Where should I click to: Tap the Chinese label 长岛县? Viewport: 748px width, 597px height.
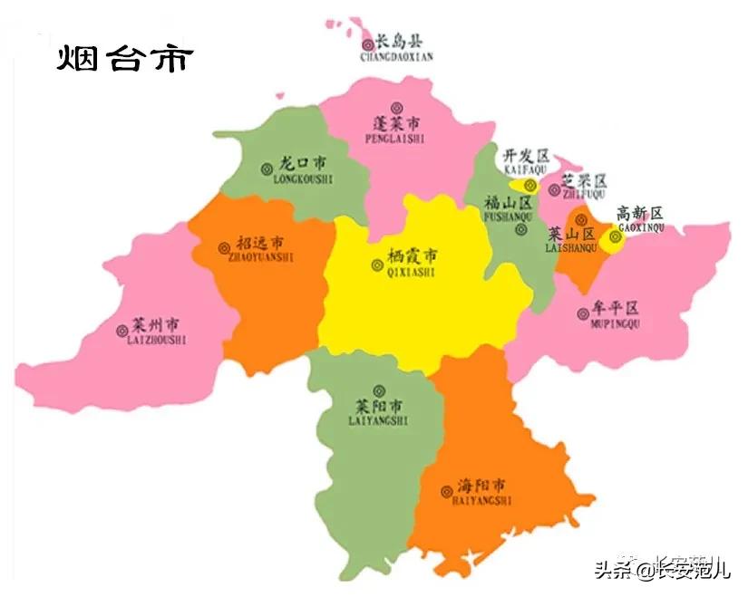coord(399,42)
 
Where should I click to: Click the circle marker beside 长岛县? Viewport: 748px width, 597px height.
coord(367,43)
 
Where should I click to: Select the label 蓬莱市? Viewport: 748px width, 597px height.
coord(397,122)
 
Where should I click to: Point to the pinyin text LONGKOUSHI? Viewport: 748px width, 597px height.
coord(303,179)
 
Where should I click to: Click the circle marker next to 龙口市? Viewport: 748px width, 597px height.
coord(266,167)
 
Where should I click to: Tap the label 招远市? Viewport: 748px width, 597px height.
coord(260,243)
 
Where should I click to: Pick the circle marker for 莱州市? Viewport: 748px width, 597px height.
coord(122,331)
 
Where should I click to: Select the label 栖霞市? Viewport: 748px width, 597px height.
coord(412,256)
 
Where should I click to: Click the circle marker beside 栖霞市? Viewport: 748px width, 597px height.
coord(377,265)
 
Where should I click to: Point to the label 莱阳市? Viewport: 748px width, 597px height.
coord(379,407)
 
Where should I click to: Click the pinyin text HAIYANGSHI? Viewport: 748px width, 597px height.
coord(481,500)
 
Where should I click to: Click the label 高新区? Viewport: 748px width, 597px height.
coord(640,214)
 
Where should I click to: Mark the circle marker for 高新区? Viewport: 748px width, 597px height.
coord(616,237)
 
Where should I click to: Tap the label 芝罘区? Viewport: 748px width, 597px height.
coord(584,180)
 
